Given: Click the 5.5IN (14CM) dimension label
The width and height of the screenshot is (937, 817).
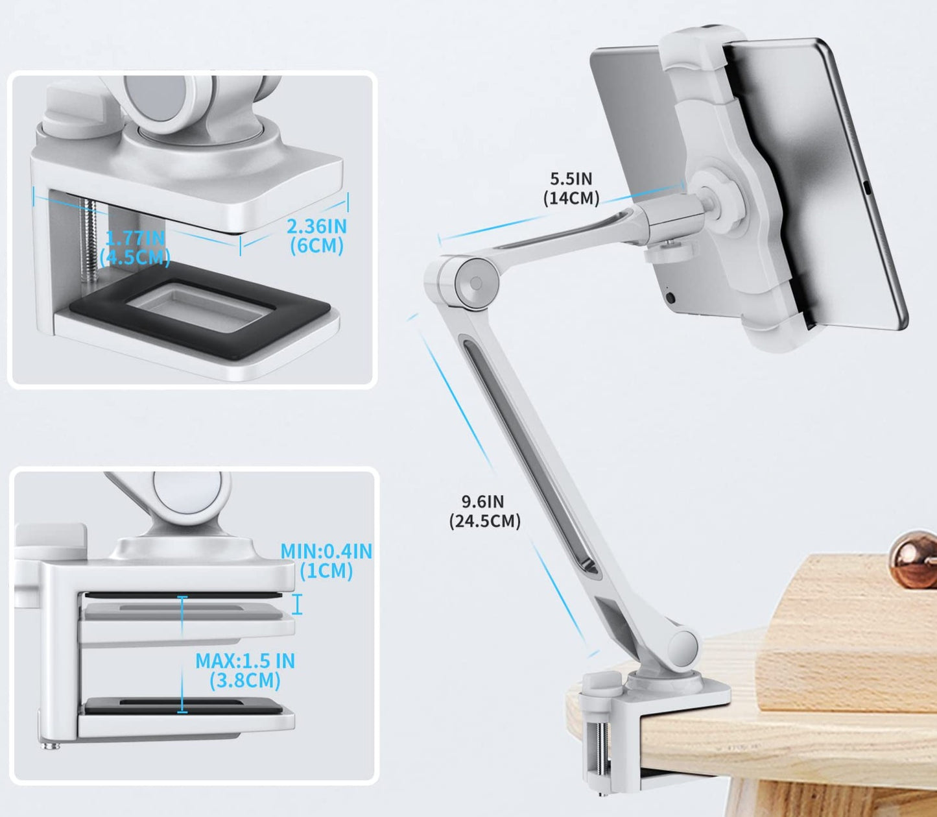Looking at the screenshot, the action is (x=571, y=188).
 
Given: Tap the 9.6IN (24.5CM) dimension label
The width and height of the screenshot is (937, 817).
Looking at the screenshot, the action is (x=484, y=511).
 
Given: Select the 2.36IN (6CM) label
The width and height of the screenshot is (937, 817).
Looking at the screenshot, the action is (x=317, y=236).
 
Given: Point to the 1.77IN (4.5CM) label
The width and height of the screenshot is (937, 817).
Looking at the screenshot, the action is (x=135, y=248).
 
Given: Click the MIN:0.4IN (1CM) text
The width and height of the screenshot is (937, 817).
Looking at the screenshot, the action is (x=326, y=561).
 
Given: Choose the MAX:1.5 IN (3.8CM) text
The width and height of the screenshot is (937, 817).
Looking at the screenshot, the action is (x=245, y=670).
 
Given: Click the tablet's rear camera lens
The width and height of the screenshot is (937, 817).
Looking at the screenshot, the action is (x=670, y=297).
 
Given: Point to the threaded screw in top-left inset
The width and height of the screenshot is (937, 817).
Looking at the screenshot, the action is (x=88, y=238).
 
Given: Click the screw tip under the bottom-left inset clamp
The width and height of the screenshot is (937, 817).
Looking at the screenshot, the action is (x=51, y=746).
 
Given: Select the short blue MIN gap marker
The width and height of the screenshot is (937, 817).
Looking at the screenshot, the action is (x=298, y=604).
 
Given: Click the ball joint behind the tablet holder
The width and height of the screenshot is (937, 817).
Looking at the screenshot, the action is (x=718, y=198).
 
